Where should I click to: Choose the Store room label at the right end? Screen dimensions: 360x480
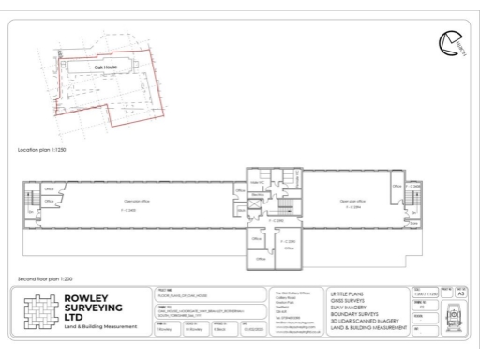pyautogui.click(x=414, y=223)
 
